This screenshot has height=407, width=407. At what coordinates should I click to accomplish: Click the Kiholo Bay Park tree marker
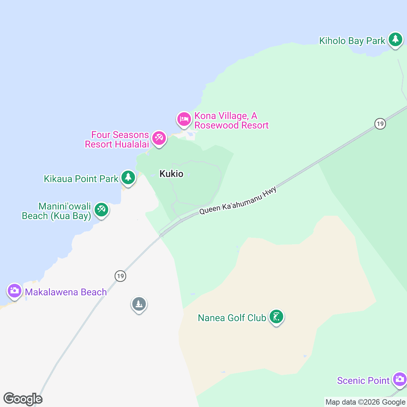(x=395, y=40)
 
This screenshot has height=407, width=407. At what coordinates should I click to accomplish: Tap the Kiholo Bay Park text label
(x=352, y=41)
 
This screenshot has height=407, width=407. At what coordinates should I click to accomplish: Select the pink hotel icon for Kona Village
(x=184, y=119)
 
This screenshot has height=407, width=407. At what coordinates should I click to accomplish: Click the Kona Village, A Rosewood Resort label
(x=231, y=121)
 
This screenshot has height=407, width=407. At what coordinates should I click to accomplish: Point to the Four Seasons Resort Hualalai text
(x=117, y=139)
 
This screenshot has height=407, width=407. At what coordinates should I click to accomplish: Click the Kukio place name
(x=171, y=174)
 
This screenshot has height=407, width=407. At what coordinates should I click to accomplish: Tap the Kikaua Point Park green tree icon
(x=128, y=177)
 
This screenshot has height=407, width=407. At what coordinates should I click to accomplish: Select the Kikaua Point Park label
(x=81, y=179)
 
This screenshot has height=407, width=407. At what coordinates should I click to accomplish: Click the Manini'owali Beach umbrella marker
(x=101, y=209)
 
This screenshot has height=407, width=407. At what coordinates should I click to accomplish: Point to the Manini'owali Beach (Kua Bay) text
(x=57, y=211)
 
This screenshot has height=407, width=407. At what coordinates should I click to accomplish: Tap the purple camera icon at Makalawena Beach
(x=15, y=291)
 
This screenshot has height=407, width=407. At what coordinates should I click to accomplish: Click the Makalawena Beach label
(x=66, y=292)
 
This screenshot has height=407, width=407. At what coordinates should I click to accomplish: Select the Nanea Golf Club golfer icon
(x=276, y=317)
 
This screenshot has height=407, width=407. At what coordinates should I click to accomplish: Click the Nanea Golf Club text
(x=232, y=318)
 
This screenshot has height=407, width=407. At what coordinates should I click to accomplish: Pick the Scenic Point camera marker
(x=400, y=379)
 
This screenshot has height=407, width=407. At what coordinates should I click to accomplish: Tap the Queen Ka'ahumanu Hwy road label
(x=238, y=200)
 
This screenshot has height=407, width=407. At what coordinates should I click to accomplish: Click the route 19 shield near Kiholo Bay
(x=380, y=124)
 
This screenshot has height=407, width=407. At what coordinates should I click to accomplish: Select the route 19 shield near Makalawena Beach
(x=120, y=276)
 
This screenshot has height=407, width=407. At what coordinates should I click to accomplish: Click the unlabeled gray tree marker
(x=139, y=304)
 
